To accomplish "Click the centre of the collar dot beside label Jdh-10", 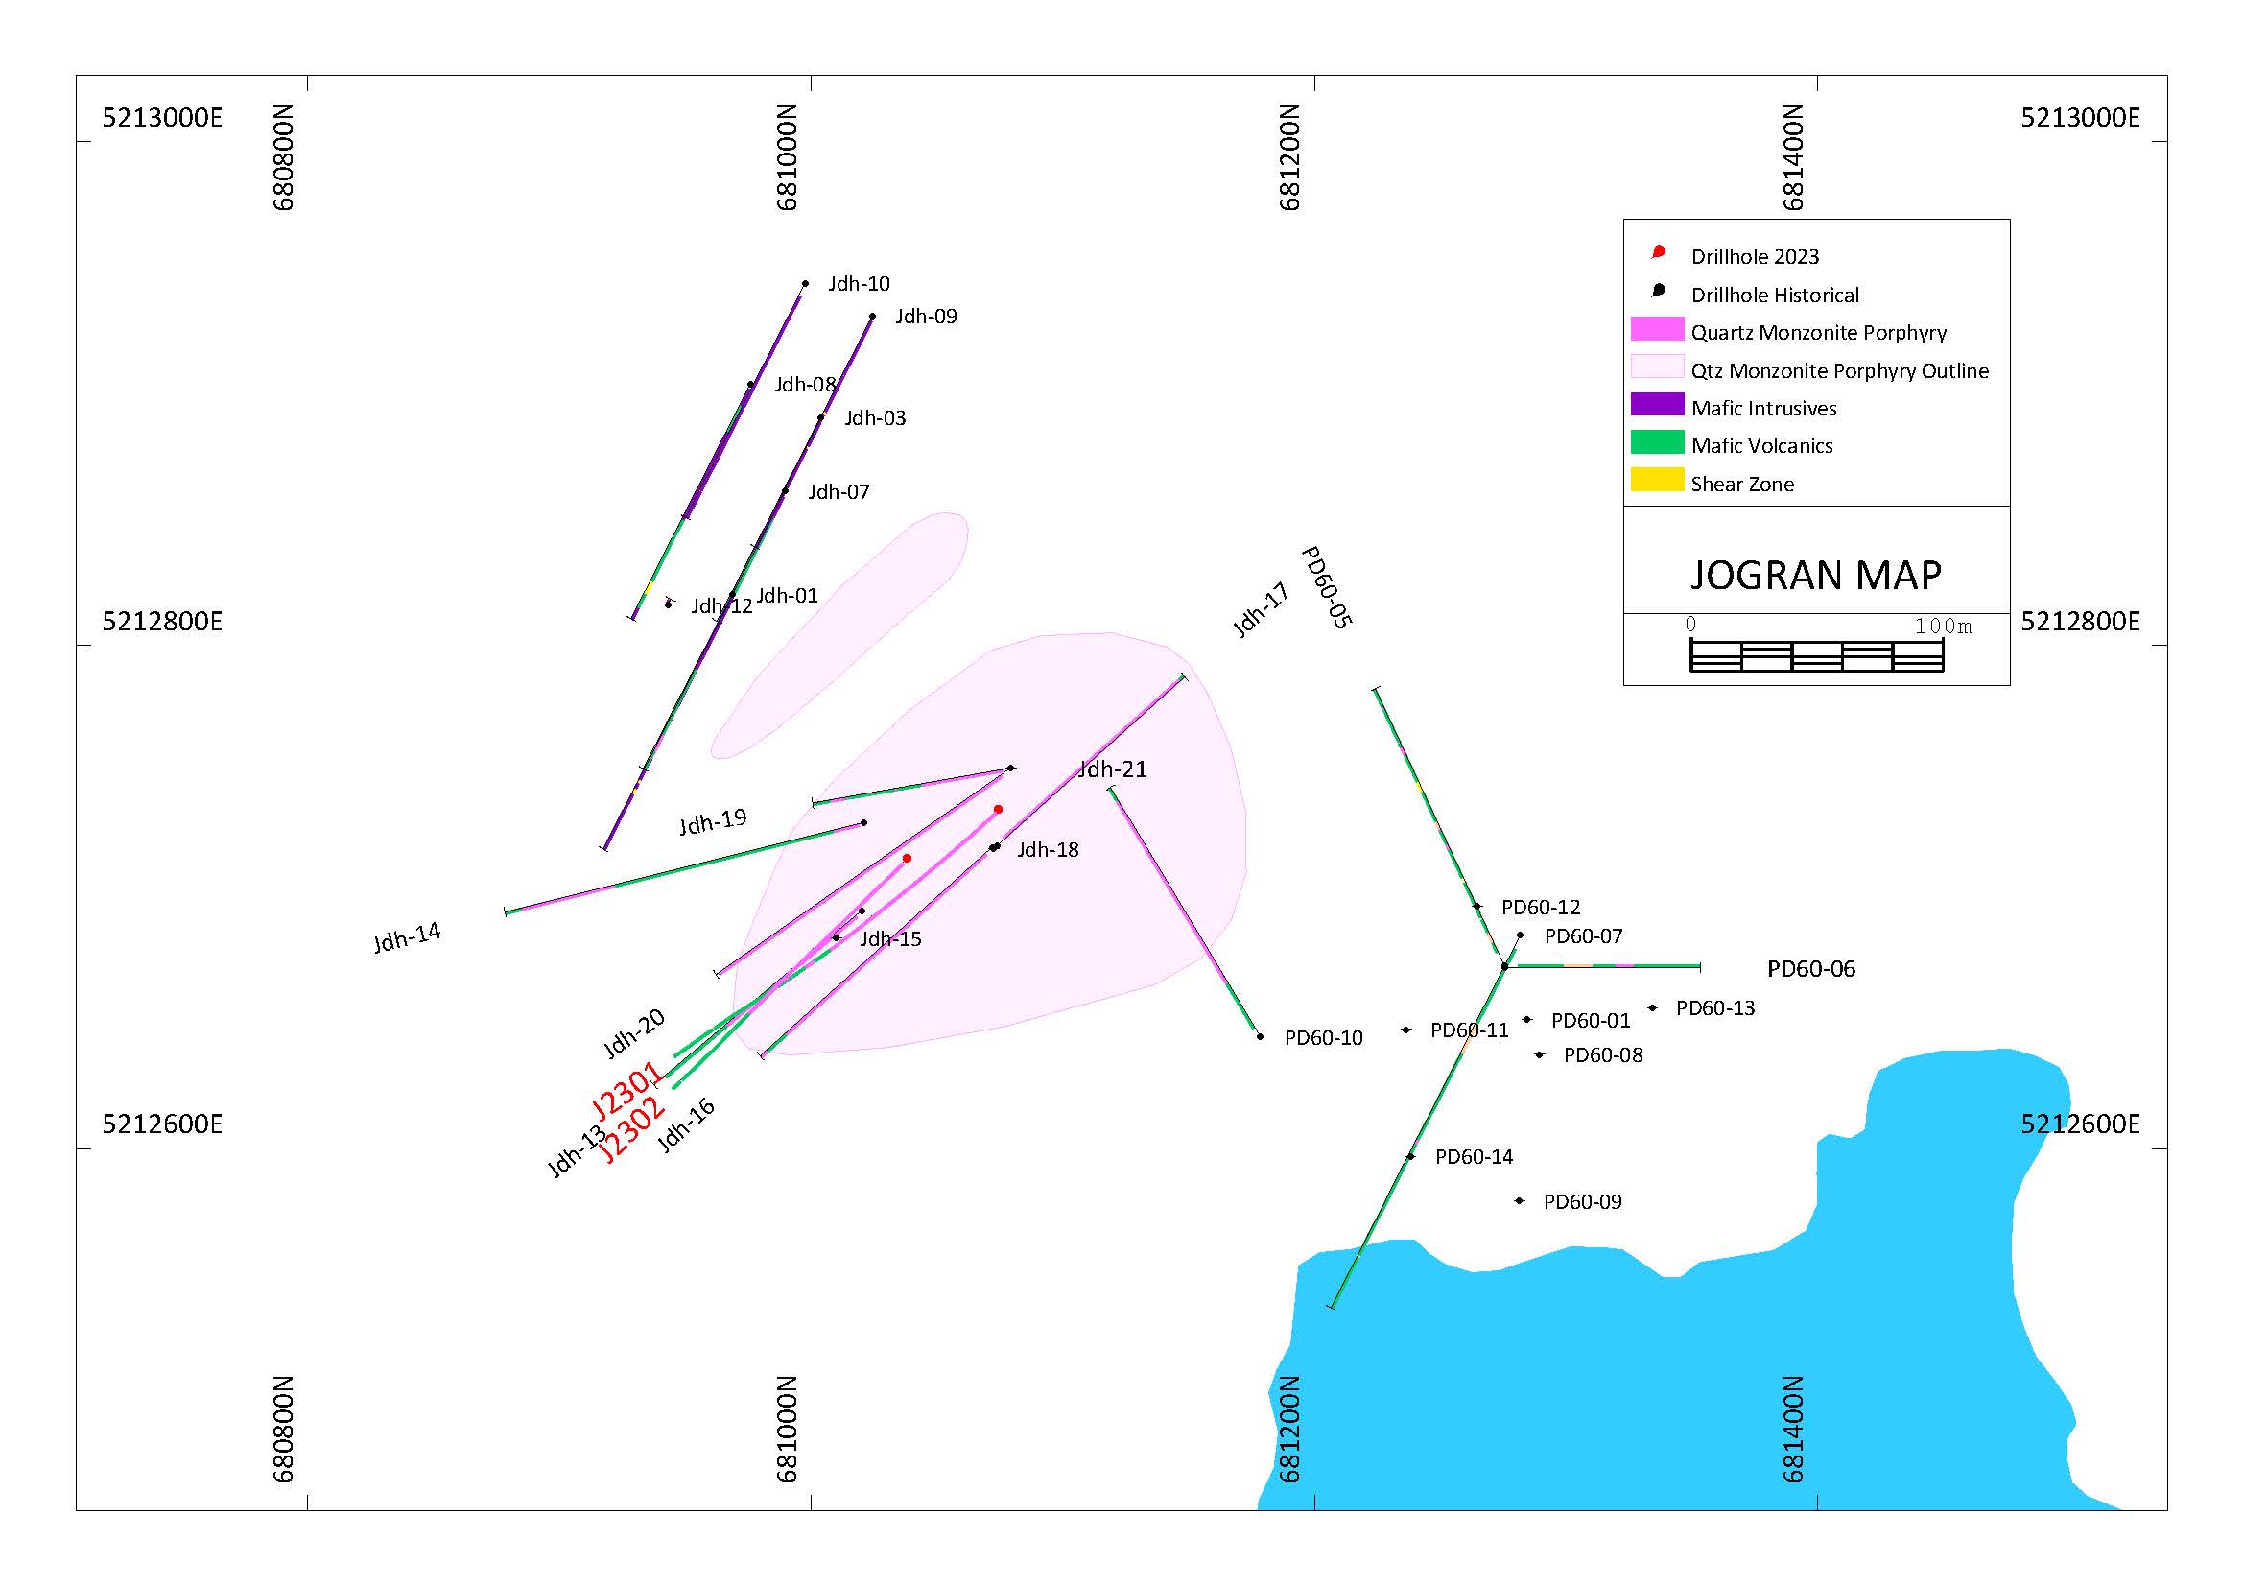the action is [805, 283].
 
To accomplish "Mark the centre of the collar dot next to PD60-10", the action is [1260, 1036].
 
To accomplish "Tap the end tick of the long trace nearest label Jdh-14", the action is [506, 911].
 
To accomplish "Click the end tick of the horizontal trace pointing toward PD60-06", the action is [1701, 966].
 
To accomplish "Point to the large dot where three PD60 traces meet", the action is [1504, 966].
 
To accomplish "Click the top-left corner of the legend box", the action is [1623, 219].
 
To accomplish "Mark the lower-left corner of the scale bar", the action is [1690, 672].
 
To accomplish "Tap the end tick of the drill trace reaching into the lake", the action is [1332, 1307].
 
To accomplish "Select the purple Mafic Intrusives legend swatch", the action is [1658, 405].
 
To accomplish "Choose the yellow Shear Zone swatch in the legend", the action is [1658, 480].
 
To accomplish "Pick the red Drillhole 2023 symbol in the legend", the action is [1659, 252].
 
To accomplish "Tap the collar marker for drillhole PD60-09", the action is [1520, 1201].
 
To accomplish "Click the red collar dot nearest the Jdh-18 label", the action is [998, 809].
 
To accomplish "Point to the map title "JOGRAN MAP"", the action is [1816, 575].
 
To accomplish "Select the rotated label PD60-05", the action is [1327, 587].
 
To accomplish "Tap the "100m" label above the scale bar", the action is [1943, 626].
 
